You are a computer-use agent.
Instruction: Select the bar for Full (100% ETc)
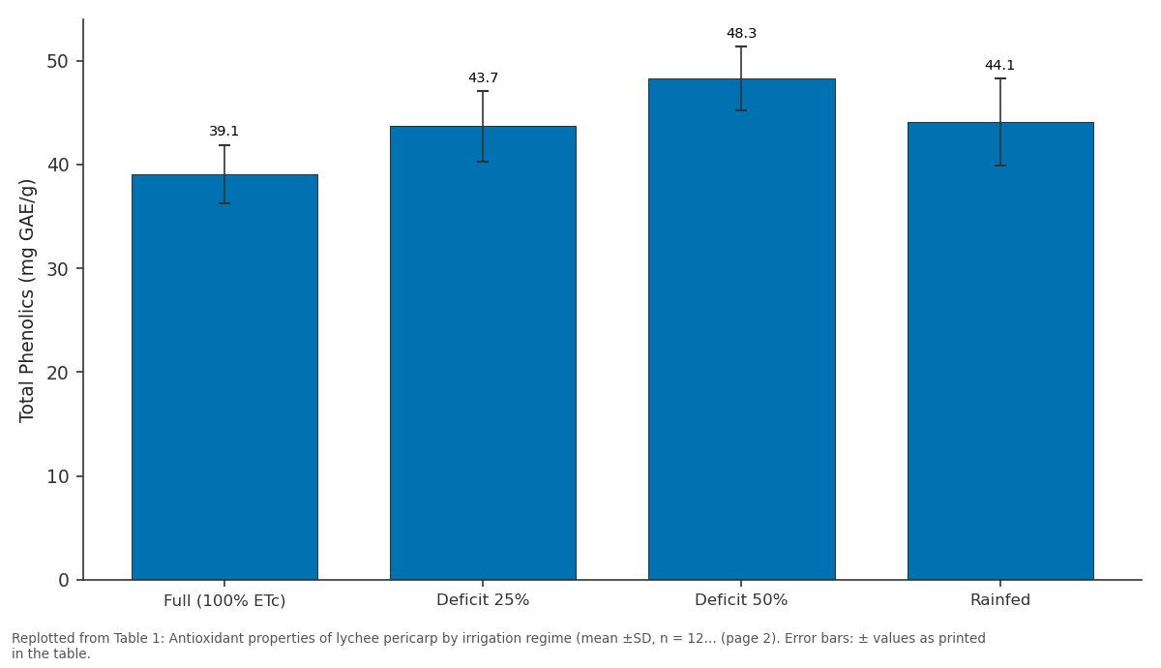click(224, 377)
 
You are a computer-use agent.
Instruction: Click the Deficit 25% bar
click(483, 352)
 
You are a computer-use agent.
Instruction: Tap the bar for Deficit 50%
click(742, 329)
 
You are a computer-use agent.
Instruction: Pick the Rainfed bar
click(1000, 351)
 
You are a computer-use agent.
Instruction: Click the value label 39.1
click(223, 132)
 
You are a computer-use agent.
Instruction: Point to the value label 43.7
click(483, 77)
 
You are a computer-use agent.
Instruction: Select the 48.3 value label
click(742, 33)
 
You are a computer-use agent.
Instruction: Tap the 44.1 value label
click(999, 66)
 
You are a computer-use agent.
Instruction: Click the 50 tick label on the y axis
click(57, 62)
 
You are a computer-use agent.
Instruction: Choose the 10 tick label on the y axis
click(57, 476)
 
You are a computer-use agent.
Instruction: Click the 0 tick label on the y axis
click(64, 580)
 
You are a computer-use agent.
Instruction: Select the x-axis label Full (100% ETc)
click(224, 600)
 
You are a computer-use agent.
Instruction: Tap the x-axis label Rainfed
click(1000, 600)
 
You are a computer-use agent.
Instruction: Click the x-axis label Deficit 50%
click(741, 600)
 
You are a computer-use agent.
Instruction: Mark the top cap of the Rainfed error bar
click(1000, 78)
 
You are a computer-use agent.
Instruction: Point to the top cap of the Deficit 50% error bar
click(742, 46)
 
